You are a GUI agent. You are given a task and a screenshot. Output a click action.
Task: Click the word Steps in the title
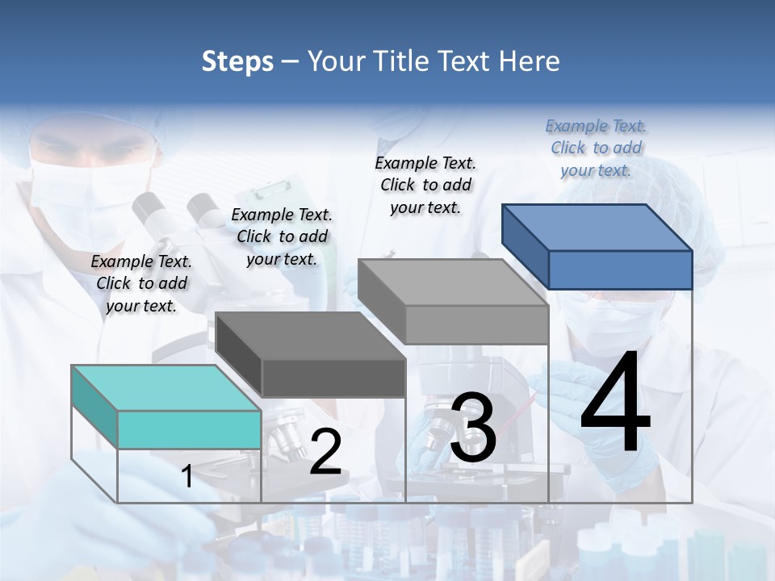tap(237, 61)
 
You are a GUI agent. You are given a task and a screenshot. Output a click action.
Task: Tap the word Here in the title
tap(527, 61)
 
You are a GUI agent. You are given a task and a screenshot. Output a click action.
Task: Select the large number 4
tap(615, 405)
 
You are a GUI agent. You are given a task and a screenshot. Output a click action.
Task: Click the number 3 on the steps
tap(473, 428)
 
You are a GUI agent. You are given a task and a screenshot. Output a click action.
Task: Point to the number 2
tap(325, 452)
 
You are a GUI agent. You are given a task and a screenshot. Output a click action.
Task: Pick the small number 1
tap(187, 477)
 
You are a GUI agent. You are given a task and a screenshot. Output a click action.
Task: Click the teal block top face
tap(166, 387)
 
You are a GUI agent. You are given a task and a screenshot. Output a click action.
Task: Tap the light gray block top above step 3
tap(453, 282)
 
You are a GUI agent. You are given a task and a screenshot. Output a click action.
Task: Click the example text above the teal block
tap(141, 283)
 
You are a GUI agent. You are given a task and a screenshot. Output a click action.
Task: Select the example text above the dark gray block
tap(282, 236)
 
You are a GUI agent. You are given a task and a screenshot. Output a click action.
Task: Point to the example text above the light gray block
tap(425, 185)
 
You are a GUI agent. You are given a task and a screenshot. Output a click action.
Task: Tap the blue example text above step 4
tap(596, 148)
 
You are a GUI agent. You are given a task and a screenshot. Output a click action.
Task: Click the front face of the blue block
tap(620, 270)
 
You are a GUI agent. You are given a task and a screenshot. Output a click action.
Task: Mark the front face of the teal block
tap(189, 429)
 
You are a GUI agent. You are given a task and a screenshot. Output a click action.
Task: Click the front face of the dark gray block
tap(333, 378)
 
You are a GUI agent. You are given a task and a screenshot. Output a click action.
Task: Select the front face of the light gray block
tap(476, 324)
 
